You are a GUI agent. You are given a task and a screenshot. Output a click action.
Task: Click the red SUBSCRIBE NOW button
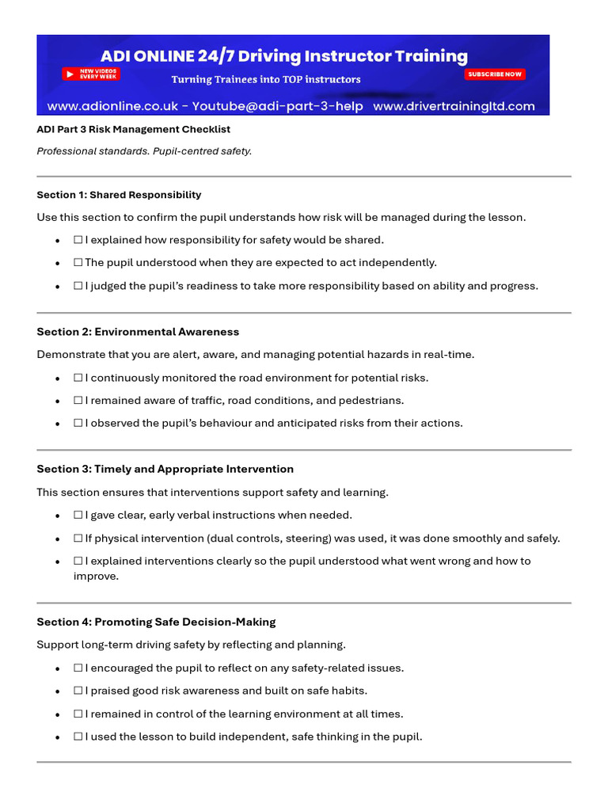tap(495, 74)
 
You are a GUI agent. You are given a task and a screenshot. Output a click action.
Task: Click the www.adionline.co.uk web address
tap(118, 106)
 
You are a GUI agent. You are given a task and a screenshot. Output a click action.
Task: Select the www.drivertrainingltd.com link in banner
tap(454, 106)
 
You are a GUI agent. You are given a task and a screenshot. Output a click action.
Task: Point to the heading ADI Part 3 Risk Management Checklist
tap(134, 129)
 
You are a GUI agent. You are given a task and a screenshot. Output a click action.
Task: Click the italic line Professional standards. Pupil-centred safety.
tap(144, 151)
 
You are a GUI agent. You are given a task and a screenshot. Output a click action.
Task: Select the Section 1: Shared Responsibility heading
tap(119, 195)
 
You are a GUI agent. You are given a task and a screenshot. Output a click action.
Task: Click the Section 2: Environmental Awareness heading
tap(138, 332)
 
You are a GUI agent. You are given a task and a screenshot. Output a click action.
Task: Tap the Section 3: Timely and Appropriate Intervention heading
tap(165, 469)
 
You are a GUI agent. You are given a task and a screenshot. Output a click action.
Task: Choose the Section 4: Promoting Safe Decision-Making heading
tap(156, 622)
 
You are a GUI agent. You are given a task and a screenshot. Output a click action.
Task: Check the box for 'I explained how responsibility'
tap(78, 240)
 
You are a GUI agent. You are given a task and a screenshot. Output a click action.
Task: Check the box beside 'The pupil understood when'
tap(78, 262)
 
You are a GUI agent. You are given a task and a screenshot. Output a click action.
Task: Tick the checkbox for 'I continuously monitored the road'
tap(78, 378)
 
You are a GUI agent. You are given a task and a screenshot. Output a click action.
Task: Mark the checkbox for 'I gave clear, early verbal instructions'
tap(78, 515)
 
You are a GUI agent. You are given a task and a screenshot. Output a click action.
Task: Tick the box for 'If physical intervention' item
tap(78, 539)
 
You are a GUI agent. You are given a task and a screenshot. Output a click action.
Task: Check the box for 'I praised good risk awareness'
tap(78, 691)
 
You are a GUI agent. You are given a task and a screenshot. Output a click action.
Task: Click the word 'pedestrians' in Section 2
tap(373, 401)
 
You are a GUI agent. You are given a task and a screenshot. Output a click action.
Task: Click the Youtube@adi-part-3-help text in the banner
tap(292, 106)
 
